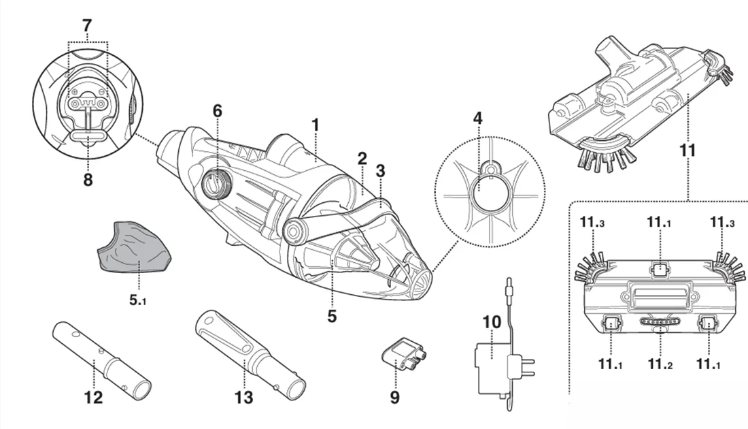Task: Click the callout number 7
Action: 86,26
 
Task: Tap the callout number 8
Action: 88,180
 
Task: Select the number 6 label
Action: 217,111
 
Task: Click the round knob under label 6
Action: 217,182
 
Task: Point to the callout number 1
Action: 315,125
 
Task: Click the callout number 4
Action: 477,118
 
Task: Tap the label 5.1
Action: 138,300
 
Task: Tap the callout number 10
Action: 492,322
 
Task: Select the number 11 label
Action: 687,150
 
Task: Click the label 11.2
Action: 660,364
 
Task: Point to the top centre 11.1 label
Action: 659,222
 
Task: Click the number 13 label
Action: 243,397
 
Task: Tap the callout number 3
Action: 380,170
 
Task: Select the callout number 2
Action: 362,159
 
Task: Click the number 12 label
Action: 93,397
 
